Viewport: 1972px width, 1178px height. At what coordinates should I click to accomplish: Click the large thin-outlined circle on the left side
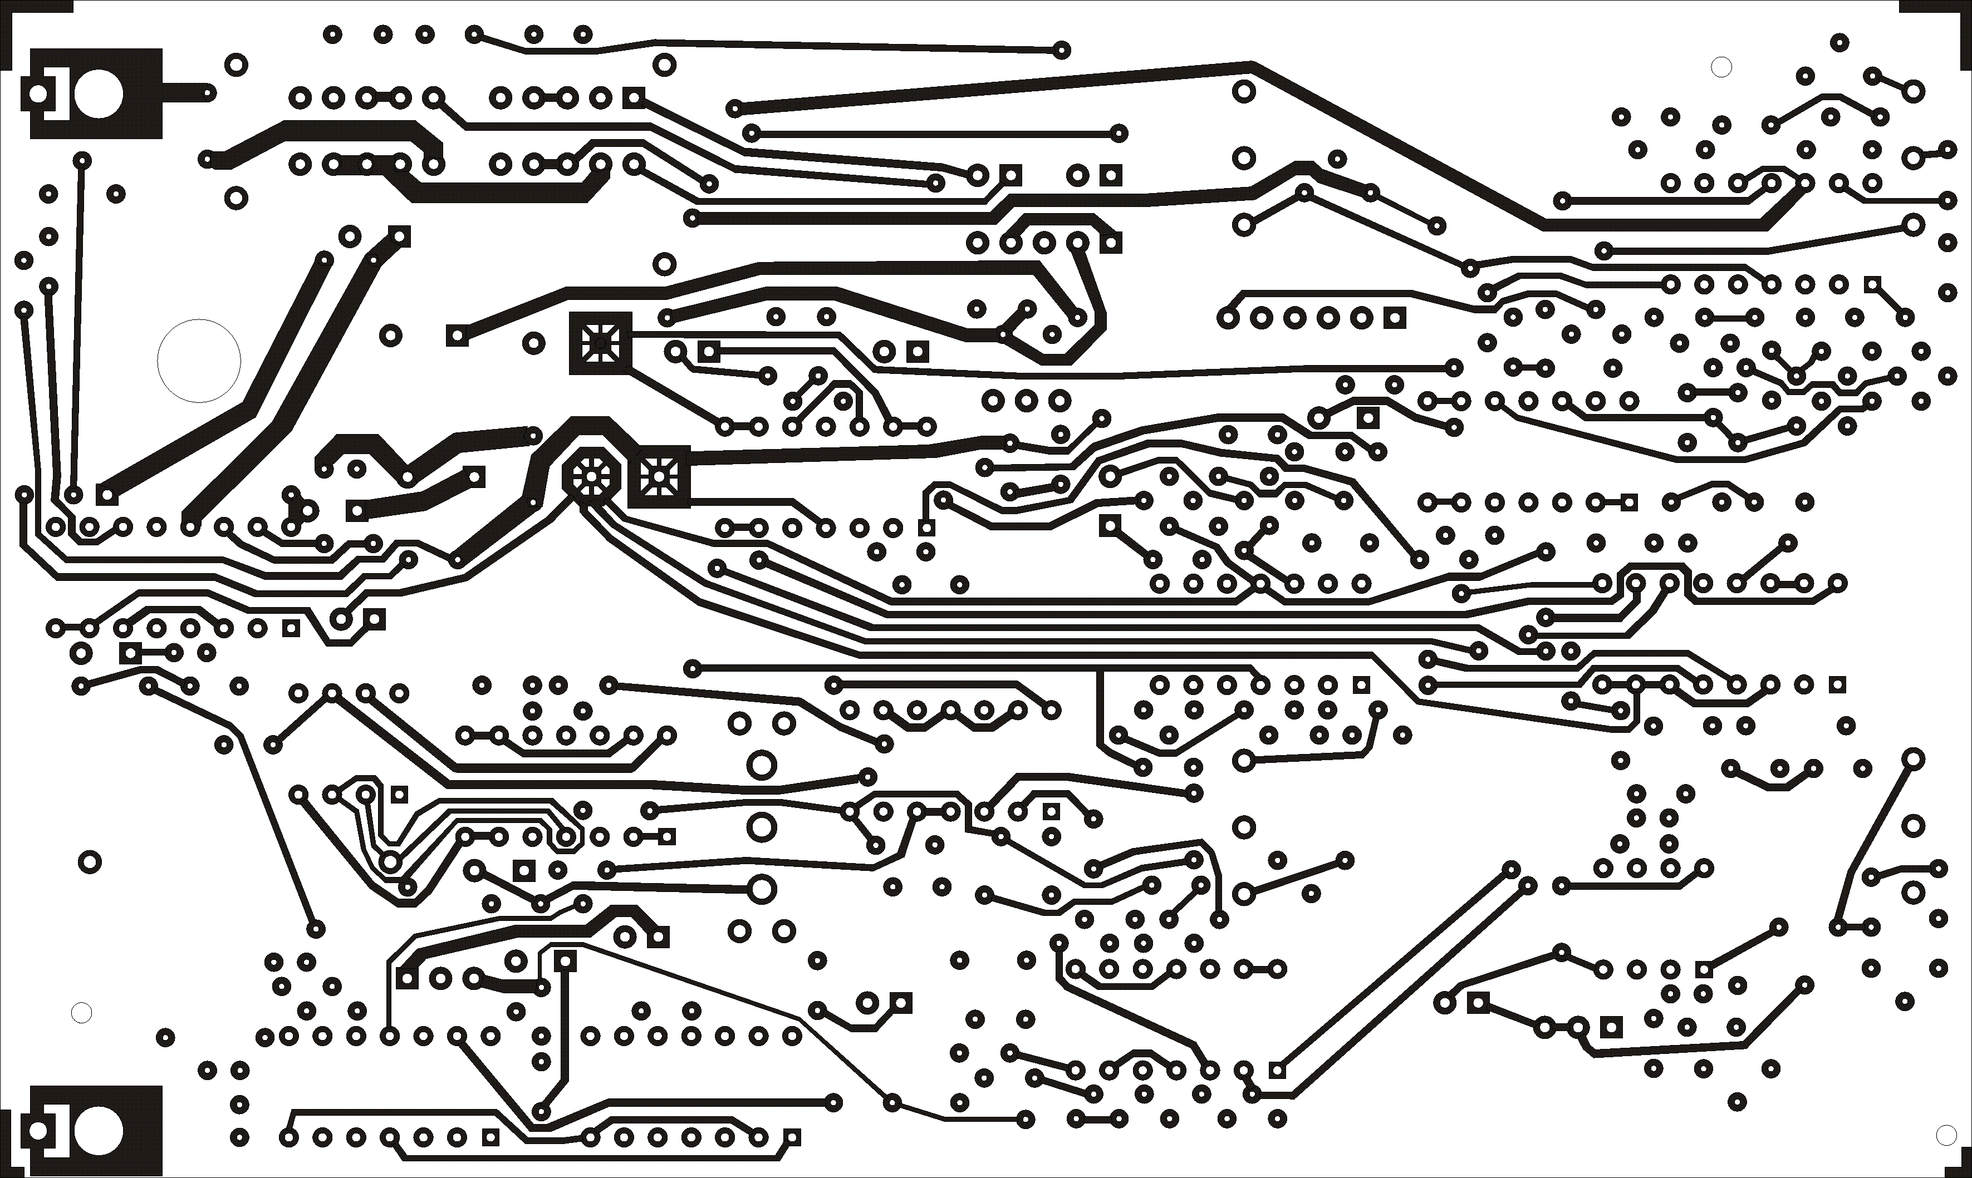click(199, 361)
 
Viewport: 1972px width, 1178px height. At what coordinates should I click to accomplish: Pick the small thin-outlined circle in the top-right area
click(1721, 67)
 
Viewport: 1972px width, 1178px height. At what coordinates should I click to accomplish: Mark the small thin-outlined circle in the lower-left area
click(81, 1013)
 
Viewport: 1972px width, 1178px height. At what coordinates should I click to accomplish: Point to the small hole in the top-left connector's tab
click(38, 93)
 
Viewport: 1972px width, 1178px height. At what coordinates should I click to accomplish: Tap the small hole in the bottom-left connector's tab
click(38, 1130)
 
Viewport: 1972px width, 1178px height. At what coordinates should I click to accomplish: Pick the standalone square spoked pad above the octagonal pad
click(600, 343)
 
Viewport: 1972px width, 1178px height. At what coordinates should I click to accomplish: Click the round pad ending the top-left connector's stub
click(208, 93)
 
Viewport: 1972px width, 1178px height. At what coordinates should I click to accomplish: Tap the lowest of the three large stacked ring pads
click(761, 890)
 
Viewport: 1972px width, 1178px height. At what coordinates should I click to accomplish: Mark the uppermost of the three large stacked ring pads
click(761, 766)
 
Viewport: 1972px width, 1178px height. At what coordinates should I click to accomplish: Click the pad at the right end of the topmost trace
click(1062, 50)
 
